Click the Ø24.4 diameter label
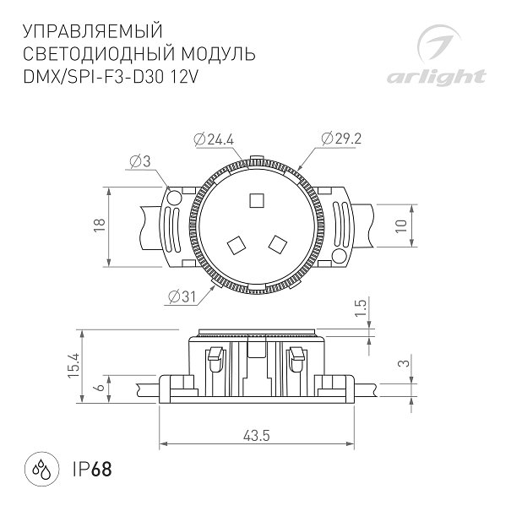[x=214, y=140]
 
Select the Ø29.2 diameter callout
[x=341, y=139]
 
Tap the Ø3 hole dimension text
[x=140, y=161]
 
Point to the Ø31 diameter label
[x=182, y=297]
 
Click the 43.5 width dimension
[x=257, y=436]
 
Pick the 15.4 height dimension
[x=74, y=365]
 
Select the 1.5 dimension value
[x=361, y=308]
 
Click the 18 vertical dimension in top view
[x=100, y=225]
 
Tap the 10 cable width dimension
[x=401, y=226]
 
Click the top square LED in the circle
[x=257, y=200]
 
